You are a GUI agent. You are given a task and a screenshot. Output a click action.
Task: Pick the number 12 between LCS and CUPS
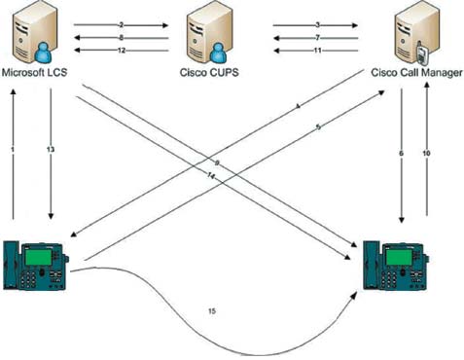tap(122, 50)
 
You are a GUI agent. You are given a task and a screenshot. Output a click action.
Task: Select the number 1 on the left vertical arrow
tap(13, 150)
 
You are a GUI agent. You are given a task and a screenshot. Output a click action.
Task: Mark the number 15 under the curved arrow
tap(212, 310)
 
